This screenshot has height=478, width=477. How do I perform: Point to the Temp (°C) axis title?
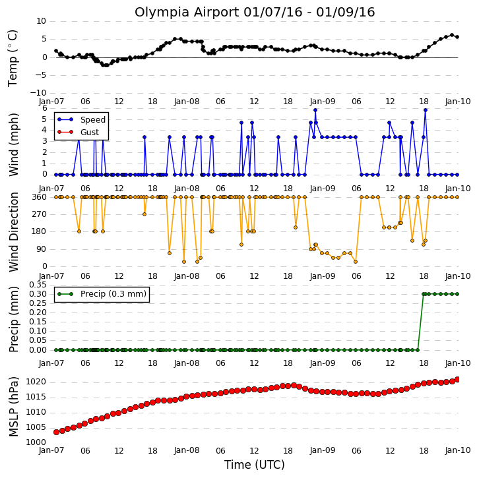pyautogui.click(x=13, y=58)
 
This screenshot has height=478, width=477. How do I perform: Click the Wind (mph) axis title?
pyautogui.click(x=13, y=145)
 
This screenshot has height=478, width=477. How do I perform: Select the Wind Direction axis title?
pyautogui.click(x=13, y=232)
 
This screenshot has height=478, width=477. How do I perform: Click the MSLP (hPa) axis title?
pyautogui.click(x=13, y=407)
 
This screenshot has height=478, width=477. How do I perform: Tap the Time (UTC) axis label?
pyautogui.click(x=255, y=465)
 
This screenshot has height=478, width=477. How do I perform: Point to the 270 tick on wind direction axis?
pyautogui.click(x=39, y=214)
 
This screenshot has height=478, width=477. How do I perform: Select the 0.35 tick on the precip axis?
pyautogui.click(x=38, y=285)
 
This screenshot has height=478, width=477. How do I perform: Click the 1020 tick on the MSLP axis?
pyautogui.click(x=36, y=382)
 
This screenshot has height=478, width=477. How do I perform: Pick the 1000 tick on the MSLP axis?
pyautogui.click(x=36, y=442)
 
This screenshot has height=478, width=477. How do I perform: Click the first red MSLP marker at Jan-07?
pyautogui.click(x=56, y=432)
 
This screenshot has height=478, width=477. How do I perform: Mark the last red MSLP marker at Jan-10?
pyautogui.click(x=457, y=379)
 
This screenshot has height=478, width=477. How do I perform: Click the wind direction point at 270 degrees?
pyautogui.click(x=144, y=214)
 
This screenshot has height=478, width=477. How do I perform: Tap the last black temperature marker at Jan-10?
pyautogui.click(x=457, y=37)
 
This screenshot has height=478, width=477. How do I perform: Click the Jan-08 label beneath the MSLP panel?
pyautogui.click(x=187, y=450)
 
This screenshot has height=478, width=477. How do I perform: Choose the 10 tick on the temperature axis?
pyautogui.click(x=41, y=21)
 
